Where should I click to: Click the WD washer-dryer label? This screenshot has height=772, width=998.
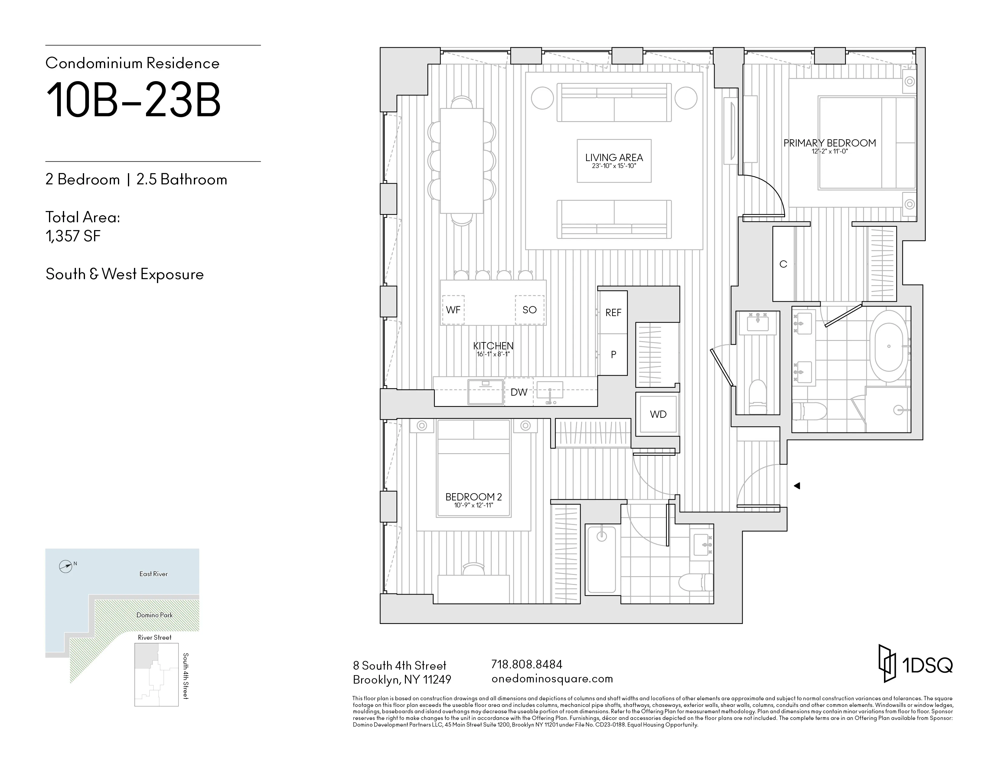tap(658, 414)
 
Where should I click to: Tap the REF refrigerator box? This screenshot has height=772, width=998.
tap(613, 312)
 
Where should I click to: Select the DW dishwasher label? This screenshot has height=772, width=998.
tap(519, 392)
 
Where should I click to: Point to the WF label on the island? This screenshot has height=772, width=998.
tap(453, 310)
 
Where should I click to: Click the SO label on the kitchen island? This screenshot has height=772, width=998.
tap(529, 310)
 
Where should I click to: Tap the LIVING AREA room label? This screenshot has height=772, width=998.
tap(614, 158)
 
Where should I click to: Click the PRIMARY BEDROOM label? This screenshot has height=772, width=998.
tap(829, 143)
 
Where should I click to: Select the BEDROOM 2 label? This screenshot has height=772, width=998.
tap(473, 497)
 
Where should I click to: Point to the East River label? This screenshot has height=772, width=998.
tap(154, 574)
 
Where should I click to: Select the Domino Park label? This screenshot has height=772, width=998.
tap(155, 615)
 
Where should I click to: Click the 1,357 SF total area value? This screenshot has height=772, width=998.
tap(73, 236)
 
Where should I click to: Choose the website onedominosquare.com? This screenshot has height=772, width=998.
tap(552, 679)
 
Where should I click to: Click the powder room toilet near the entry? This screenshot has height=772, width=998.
tap(758, 393)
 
